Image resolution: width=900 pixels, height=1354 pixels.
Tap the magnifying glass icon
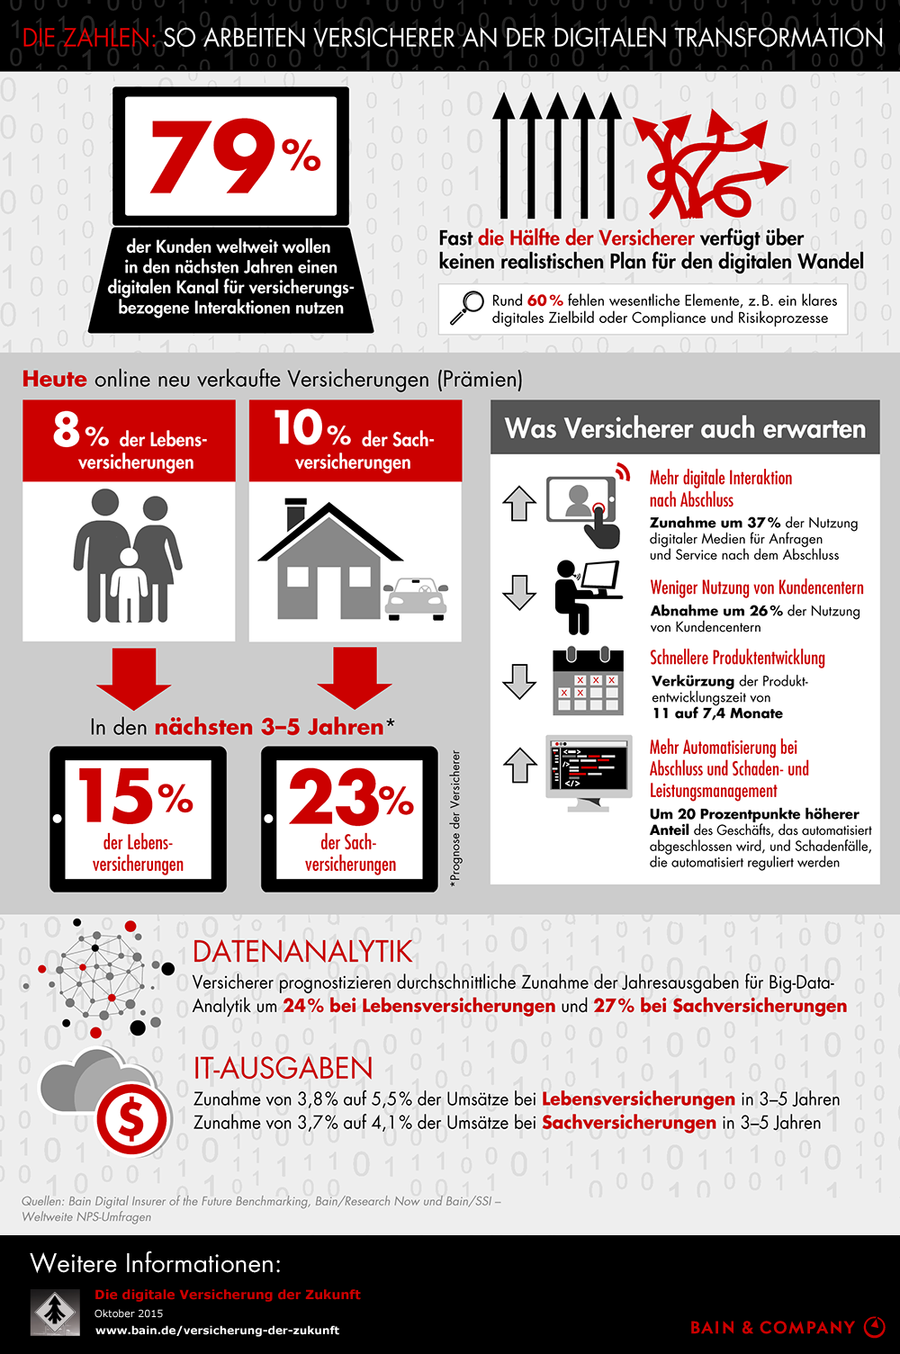(466, 309)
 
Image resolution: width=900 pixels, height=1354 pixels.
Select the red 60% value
(545, 300)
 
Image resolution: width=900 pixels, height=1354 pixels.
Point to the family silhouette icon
(128, 558)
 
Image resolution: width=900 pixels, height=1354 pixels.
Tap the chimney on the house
(295, 516)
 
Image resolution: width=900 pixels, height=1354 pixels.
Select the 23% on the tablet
(350, 797)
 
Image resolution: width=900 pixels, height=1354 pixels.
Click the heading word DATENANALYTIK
(302, 952)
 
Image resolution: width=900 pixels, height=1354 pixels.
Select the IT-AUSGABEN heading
(283, 1068)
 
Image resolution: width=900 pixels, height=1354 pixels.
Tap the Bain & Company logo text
(772, 1327)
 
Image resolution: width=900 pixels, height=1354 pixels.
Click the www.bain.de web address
(217, 1330)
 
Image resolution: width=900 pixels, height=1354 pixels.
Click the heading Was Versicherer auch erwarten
(685, 428)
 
